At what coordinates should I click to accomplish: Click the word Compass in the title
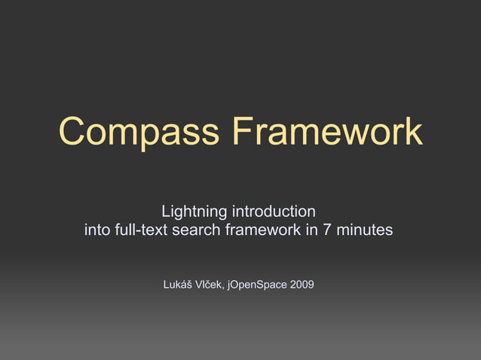click(x=140, y=133)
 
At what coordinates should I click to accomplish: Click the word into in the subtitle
click(x=96, y=230)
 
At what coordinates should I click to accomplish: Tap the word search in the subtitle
click(x=195, y=230)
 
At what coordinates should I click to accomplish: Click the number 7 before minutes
click(x=327, y=230)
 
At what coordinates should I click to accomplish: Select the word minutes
click(x=365, y=230)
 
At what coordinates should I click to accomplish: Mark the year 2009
click(x=302, y=285)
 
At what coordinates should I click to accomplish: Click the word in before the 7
click(x=311, y=230)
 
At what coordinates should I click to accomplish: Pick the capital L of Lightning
click(x=166, y=209)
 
